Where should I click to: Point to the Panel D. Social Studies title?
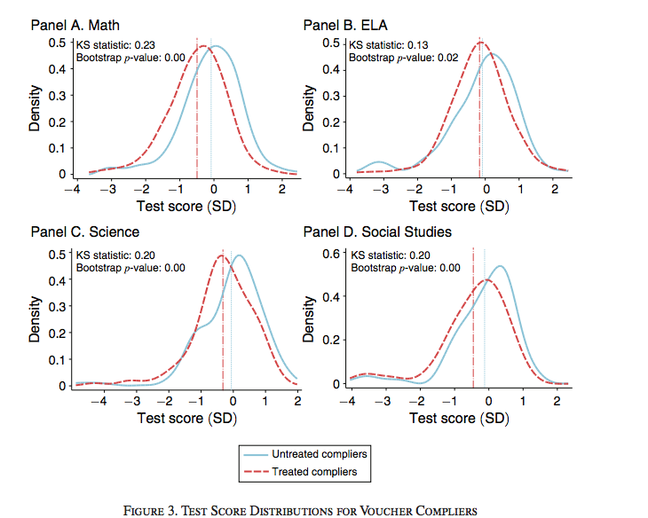(377, 232)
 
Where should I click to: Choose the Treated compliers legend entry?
(315, 472)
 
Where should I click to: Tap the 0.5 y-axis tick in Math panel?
(56, 43)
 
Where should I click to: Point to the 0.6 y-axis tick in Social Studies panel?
(330, 254)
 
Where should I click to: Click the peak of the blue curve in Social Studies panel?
(502, 266)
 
